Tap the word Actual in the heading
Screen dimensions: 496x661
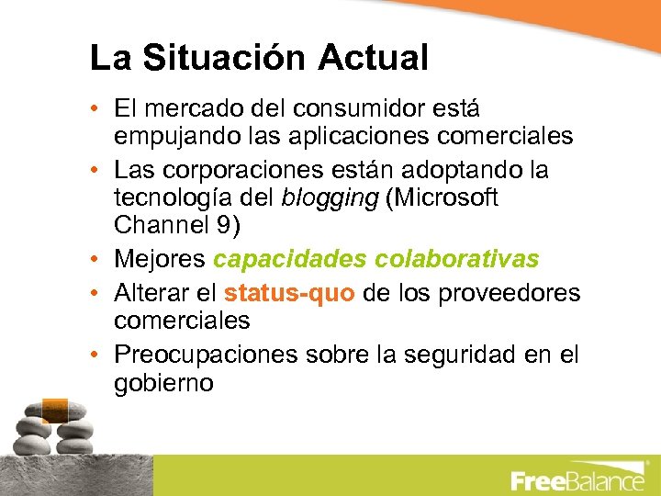[x=374, y=58]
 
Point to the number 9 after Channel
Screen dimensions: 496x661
[x=226, y=226]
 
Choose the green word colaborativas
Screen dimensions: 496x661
[x=458, y=260]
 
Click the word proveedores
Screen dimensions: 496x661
[x=510, y=293]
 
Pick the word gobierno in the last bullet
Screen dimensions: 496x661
[x=163, y=383]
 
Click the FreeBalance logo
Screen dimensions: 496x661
[x=577, y=480]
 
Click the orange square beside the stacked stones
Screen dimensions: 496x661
[x=55, y=408]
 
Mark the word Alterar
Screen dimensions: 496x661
[x=150, y=293]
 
